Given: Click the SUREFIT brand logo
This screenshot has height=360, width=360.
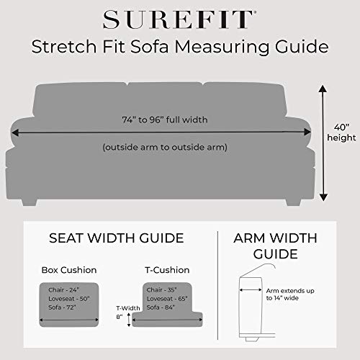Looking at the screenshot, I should tap(179, 17).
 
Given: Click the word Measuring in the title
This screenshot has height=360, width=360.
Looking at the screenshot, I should tap(238, 48).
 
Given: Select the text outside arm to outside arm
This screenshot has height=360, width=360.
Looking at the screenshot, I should tap(164, 147).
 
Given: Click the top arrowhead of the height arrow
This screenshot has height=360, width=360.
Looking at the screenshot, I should tap(323, 88).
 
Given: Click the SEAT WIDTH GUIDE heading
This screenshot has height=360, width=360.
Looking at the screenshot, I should tap(117, 238).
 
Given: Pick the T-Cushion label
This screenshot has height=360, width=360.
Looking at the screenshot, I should tap(167, 271).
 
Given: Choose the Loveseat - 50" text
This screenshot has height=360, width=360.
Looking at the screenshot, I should tap(69, 297).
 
